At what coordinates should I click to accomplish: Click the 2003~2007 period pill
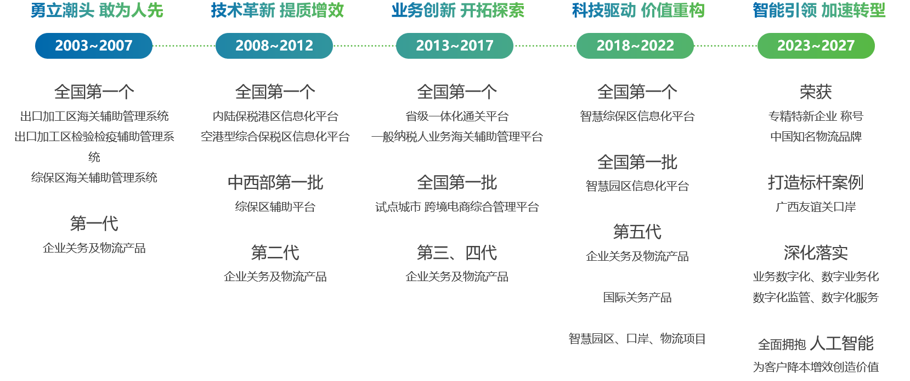click(x=94, y=46)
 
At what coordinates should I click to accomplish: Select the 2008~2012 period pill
click(x=274, y=46)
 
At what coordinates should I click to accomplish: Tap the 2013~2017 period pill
click(x=455, y=46)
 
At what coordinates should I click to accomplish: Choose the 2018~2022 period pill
click(x=635, y=46)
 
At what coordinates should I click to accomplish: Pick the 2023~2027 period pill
click(x=816, y=46)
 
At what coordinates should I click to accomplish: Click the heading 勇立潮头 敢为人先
click(x=97, y=10)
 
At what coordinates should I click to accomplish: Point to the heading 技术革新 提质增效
click(x=277, y=10)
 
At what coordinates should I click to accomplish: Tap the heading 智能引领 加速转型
click(x=818, y=10)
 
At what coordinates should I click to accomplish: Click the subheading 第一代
click(x=94, y=223)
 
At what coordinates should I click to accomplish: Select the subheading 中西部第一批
click(x=275, y=182)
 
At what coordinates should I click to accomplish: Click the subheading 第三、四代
click(x=456, y=253)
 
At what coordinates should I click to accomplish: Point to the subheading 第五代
click(x=637, y=232)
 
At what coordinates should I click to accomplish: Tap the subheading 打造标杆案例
click(x=815, y=182)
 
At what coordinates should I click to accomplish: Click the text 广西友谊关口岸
click(x=815, y=207)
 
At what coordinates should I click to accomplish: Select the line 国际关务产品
click(x=637, y=297)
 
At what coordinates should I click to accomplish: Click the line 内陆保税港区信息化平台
click(x=275, y=116)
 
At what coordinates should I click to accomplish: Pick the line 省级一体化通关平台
click(x=456, y=116)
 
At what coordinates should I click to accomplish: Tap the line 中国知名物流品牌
click(x=815, y=137)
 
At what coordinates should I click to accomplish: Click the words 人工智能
click(x=841, y=343)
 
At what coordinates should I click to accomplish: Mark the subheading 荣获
click(x=815, y=92)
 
